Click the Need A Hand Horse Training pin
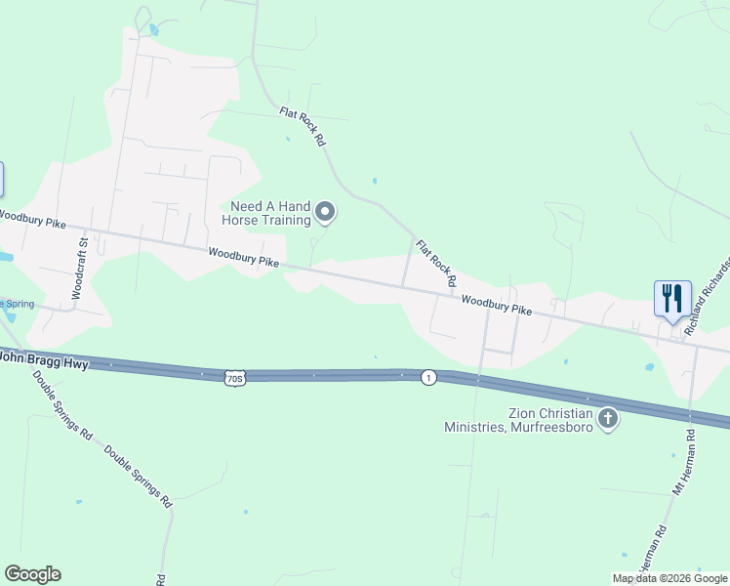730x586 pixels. (x=326, y=212)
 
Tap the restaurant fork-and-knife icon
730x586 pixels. (x=671, y=297)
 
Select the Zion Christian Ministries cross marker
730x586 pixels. (x=608, y=419)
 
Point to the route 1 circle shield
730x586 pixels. (x=428, y=377)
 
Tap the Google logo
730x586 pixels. (x=32, y=574)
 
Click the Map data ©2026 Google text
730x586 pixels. (x=669, y=578)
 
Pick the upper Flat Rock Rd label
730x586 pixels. (x=303, y=127)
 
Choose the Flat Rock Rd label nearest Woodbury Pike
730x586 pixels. (x=436, y=263)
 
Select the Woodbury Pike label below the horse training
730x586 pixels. (x=243, y=258)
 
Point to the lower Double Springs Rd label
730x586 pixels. (x=138, y=477)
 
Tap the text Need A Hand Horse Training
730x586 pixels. (x=270, y=212)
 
